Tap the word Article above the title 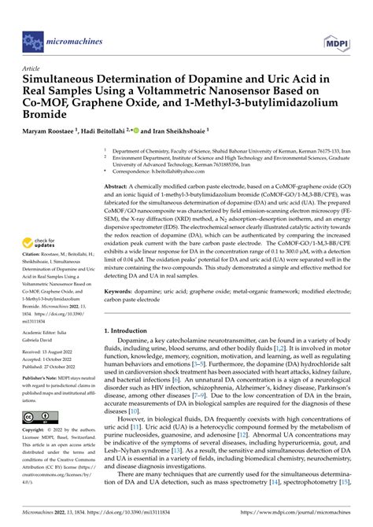tap(32, 69)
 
